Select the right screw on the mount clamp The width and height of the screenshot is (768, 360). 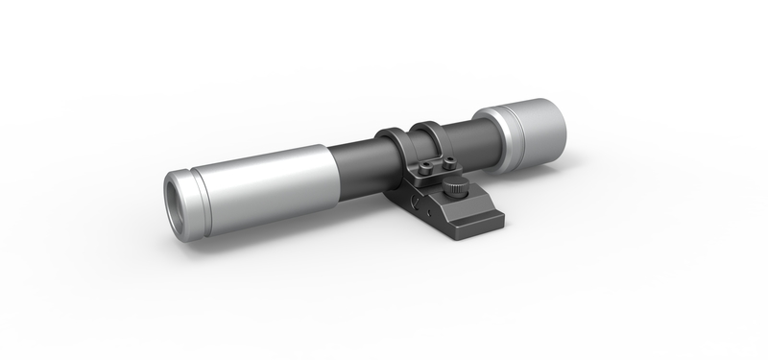click(x=446, y=158)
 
